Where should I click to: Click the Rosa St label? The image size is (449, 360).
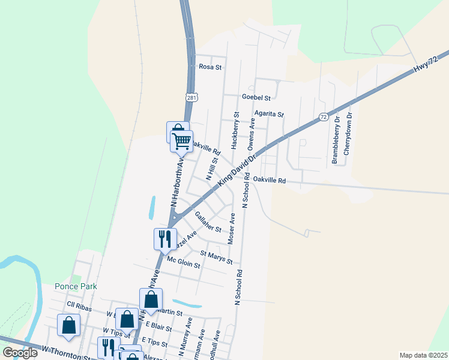point(211,67)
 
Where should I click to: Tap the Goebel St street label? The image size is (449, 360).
point(256,97)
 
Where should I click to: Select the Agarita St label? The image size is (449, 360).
point(268,113)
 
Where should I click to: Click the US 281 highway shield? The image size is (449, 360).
point(191,97)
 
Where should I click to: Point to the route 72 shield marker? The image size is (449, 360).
point(324,116)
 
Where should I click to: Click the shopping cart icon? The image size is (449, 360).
point(181,142)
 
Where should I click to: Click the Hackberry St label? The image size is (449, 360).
point(235,130)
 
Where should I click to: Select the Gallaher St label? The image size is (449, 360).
point(208,225)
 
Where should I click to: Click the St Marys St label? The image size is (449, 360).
point(216,257)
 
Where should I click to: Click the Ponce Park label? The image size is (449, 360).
point(76,287)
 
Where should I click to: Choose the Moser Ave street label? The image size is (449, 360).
point(232,227)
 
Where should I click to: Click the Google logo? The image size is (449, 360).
point(20,353)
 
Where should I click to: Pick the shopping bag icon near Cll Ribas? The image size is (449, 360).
point(69,325)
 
